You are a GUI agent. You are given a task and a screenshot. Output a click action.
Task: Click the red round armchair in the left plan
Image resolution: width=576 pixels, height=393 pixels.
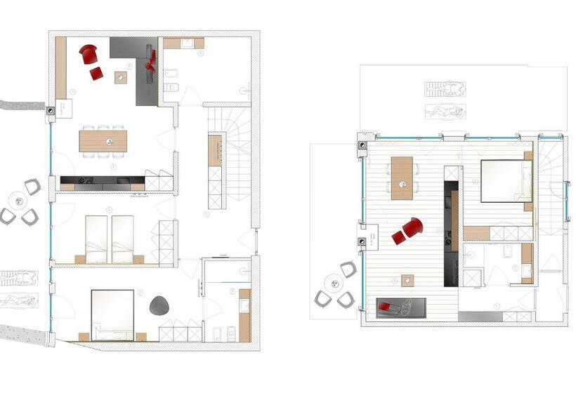(x=88, y=53)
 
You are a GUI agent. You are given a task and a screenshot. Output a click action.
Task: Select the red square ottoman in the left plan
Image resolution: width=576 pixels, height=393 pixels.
(x=96, y=73)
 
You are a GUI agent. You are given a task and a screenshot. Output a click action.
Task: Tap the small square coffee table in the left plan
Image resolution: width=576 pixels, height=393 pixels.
(x=121, y=77)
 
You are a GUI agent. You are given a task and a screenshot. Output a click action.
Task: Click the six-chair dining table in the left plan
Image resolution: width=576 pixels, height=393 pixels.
(x=103, y=141)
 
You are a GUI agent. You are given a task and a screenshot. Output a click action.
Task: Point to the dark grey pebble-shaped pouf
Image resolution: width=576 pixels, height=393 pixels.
(x=159, y=305)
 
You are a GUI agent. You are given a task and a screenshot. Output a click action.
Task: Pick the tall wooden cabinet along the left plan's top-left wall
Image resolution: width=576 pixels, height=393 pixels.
(x=61, y=67)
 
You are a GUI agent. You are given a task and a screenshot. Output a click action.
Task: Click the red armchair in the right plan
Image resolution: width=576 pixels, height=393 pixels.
(x=410, y=229)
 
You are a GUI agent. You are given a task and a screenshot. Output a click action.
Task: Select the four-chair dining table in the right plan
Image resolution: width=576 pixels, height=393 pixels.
(x=402, y=178)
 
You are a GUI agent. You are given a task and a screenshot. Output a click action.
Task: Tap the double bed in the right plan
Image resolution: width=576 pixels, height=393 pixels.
(x=505, y=181)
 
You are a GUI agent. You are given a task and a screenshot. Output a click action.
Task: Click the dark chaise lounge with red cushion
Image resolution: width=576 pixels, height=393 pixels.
(x=401, y=307)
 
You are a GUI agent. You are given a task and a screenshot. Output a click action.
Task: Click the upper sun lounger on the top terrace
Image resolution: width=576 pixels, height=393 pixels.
(x=445, y=89)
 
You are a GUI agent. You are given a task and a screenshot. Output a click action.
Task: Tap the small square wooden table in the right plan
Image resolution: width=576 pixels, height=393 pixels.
(x=407, y=280)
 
